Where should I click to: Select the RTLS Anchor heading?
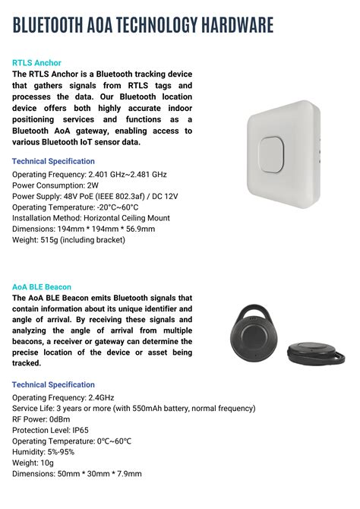pyautogui.click(x=36, y=62)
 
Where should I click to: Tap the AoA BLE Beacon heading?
pyautogui.click(x=42, y=287)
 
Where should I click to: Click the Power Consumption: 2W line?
pyautogui.click(x=55, y=185)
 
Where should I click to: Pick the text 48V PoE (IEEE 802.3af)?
pyautogui.click(x=106, y=196)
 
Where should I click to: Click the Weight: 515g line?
pyautogui.click(x=68, y=240)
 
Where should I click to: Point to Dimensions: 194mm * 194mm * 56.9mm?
pyautogui.click(x=84, y=229)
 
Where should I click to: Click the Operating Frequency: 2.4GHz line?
pyautogui.click(x=64, y=397)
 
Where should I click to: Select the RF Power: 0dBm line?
pyautogui.click(x=43, y=419)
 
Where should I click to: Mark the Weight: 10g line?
pyautogui.click(x=33, y=463)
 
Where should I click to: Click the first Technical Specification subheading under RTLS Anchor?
pyautogui.click(x=53, y=161)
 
